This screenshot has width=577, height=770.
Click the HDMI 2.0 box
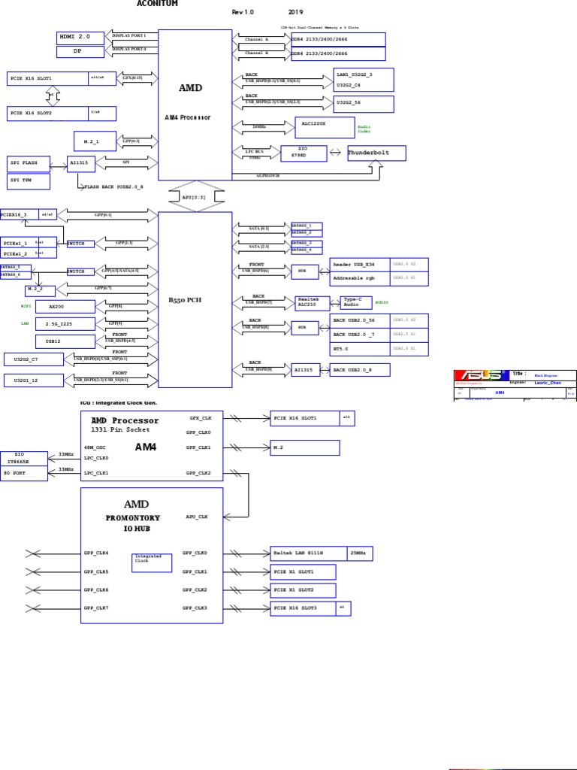pyautogui.click(x=80, y=38)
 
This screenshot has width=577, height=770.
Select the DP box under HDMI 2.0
pyautogui.click(x=80, y=52)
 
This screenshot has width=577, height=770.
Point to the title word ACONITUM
pyautogui.click(x=158, y=4)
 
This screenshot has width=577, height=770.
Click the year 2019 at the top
pyautogui.click(x=296, y=13)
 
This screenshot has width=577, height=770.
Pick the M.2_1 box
pyautogui.click(x=95, y=141)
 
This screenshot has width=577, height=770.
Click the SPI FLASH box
pyautogui.click(x=29, y=163)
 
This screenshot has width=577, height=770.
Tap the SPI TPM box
pyautogui.click(x=29, y=181)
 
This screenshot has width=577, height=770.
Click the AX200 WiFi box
pyautogui.click(x=65, y=307)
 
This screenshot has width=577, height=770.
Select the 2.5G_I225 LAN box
pyautogui.click(x=65, y=324)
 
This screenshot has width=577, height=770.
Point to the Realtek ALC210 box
pyautogui.click(x=312, y=302)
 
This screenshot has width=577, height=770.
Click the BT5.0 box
pyautogui.click(x=358, y=348)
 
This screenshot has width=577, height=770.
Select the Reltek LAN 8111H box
pyautogui.click(x=309, y=553)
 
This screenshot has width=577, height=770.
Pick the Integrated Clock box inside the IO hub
pyautogui.click(x=152, y=562)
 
